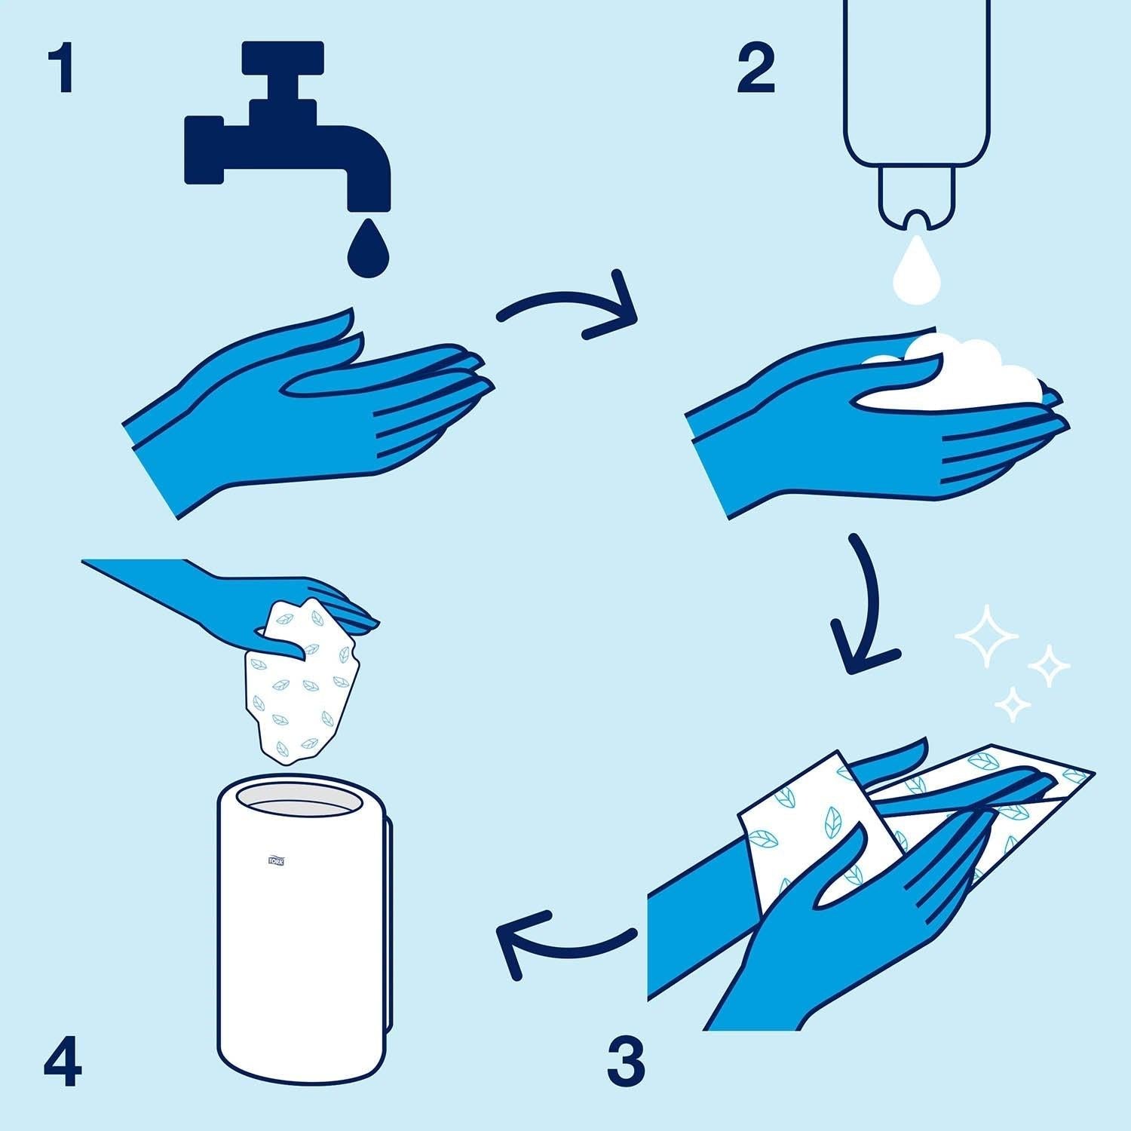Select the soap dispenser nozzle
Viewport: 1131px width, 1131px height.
(x=916, y=200)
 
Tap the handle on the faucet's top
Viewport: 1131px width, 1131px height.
(x=284, y=57)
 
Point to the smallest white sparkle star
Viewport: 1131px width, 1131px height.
(x=1013, y=703)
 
